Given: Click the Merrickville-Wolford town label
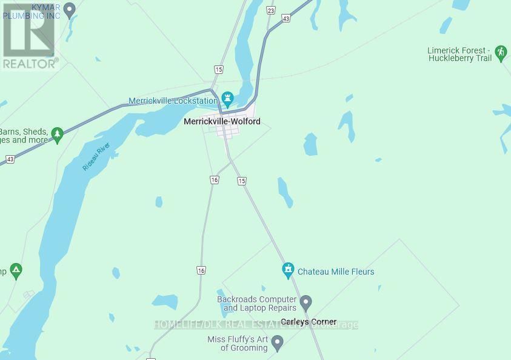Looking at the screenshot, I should (222, 122).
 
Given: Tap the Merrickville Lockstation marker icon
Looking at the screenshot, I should (227, 98).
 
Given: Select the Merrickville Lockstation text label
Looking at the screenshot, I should (173, 101).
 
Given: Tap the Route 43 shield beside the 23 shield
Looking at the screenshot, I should (286, 19).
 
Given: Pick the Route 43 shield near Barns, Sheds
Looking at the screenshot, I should (10, 159).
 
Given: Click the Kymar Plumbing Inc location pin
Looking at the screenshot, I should (70, 8).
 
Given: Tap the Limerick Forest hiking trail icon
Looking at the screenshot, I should (501, 52).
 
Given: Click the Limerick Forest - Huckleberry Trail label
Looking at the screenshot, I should (460, 55).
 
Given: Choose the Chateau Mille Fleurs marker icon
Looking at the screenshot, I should (289, 270).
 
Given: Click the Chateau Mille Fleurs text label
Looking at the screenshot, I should (336, 272).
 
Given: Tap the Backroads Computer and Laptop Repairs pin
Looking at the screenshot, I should (306, 302).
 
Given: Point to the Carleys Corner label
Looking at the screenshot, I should (309, 322).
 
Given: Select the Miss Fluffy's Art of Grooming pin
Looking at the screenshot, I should (278, 343).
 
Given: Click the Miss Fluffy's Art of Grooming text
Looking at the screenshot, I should (237, 344).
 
